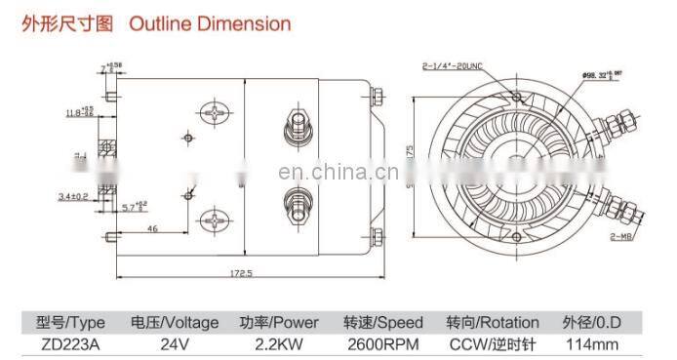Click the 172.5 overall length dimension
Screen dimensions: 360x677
tap(239, 274)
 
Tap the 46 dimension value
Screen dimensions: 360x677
tap(153, 227)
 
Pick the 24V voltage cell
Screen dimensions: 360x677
tap(176, 342)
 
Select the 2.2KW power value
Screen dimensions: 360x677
tap(279, 342)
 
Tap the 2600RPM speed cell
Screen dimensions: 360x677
tap(382, 342)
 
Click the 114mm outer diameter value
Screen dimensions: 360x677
tap(590, 342)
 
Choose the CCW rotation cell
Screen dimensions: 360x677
tap(493, 342)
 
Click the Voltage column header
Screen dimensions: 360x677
tap(176, 321)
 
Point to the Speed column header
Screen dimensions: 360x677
tap(382, 321)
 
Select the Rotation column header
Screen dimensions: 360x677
tap(493, 321)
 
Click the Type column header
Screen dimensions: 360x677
tap(71, 321)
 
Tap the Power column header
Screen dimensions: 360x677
tap(279, 321)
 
